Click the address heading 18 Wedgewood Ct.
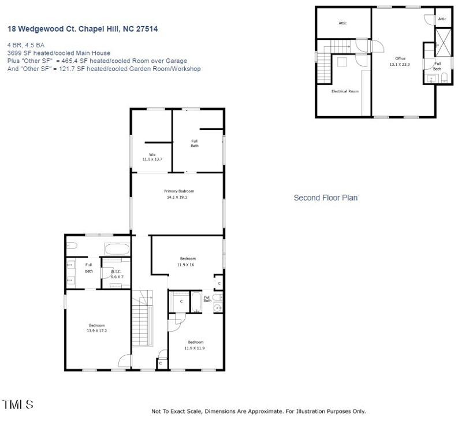coord(82,28)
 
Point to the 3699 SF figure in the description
coord(17,52)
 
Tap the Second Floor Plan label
coord(325,198)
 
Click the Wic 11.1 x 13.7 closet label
coord(152,157)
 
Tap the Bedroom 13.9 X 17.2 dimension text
coord(97,330)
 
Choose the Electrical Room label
coord(345,91)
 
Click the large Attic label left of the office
coord(342,23)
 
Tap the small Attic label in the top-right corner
coord(442,19)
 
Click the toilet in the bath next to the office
coord(442,77)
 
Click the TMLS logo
coord(18,404)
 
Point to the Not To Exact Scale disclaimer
coord(258,411)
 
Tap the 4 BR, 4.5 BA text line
coord(26,44)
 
